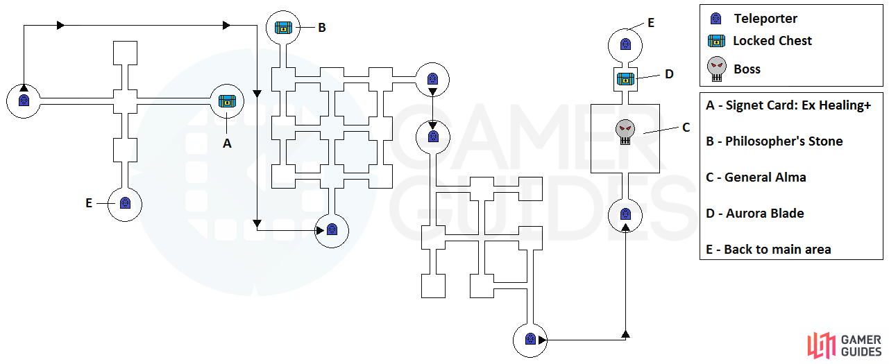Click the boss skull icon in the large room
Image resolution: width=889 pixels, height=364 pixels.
tap(625, 132)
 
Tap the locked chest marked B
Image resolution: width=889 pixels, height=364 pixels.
tap(283, 28)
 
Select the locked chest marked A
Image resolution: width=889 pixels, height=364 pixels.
tap(227, 101)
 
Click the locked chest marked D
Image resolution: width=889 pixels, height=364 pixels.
tap(625, 79)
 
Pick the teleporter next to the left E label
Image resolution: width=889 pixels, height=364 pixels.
tap(125, 203)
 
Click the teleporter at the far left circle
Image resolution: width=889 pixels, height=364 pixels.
tap(24, 101)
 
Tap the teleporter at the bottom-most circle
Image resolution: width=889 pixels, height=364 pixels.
tap(530, 340)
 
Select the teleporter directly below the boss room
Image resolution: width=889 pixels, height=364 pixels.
tap(625, 214)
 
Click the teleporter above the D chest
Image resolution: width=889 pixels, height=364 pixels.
tap(625, 44)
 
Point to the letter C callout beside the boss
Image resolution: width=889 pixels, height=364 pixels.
tap(686, 128)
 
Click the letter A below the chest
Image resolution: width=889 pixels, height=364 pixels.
tap(227, 144)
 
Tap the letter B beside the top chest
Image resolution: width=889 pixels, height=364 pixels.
tap(322, 28)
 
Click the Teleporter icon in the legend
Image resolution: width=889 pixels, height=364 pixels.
tap(716, 19)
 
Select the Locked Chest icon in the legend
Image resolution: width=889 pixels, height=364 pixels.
tap(716, 41)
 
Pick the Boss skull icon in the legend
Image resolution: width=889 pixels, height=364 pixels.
tap(717, 69)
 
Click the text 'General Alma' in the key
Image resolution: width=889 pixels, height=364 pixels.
tap(765, 177)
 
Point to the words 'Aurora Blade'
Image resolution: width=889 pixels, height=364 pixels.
tap(765, 214)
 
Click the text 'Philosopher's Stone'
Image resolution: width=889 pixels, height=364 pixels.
tap(784, 141)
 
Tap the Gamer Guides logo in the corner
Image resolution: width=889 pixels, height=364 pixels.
tap(845, 346)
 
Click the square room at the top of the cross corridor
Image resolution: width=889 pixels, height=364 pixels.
tap(126, 53)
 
